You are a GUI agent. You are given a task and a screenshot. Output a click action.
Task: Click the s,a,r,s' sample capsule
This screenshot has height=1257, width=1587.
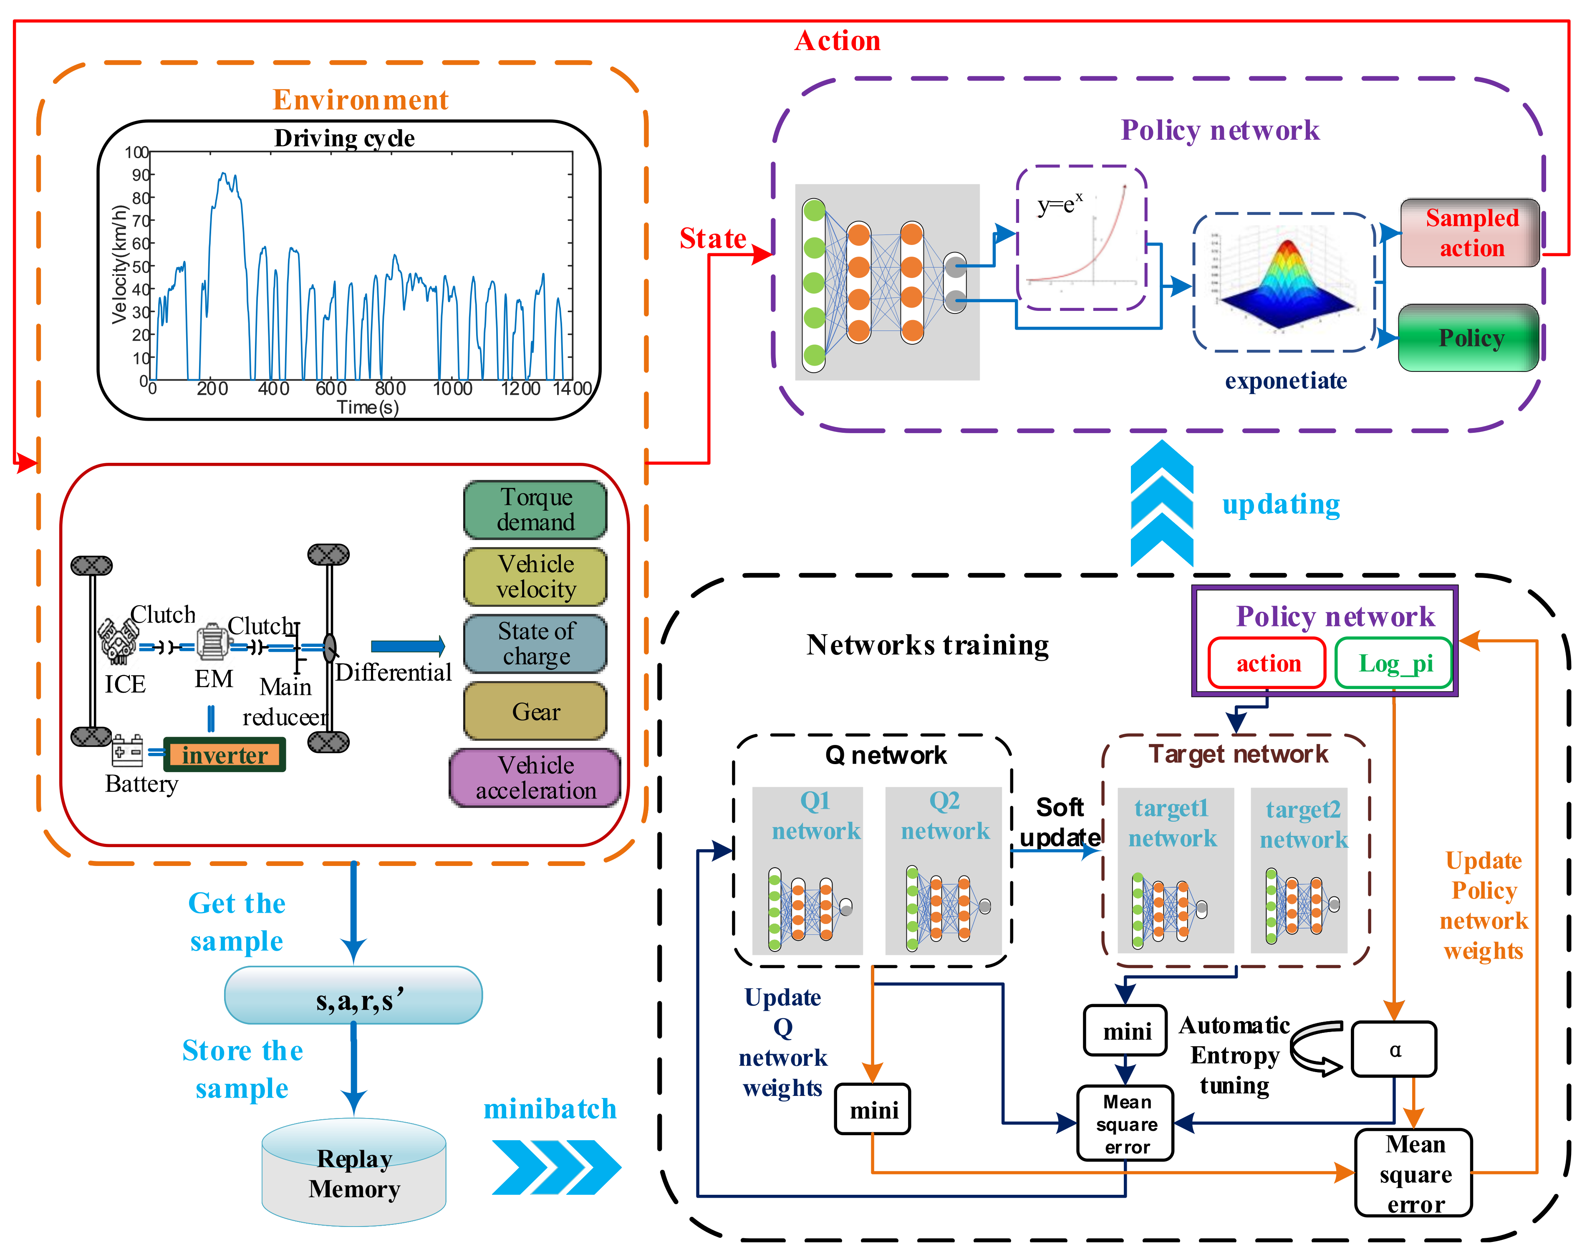click(x=354, y=995)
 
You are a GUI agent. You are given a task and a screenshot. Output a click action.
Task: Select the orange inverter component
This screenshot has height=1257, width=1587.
click(x=225, y=755)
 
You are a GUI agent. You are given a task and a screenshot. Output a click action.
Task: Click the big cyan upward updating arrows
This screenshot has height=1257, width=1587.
click(x=1161, y=504)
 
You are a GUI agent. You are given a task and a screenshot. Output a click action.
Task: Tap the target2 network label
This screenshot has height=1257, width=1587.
click(x=1302, y=824)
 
